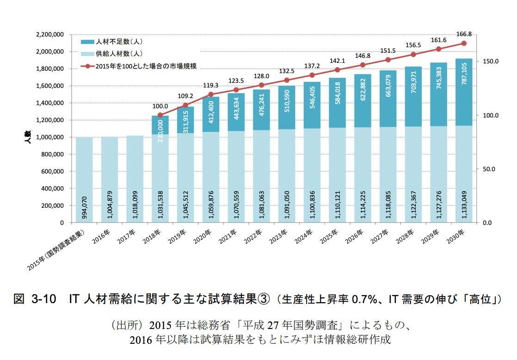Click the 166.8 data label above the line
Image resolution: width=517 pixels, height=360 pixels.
tap(463, 34)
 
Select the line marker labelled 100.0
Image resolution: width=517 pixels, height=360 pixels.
tap(160, 115)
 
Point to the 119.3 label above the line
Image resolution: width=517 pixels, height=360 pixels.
tap(211, 85)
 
